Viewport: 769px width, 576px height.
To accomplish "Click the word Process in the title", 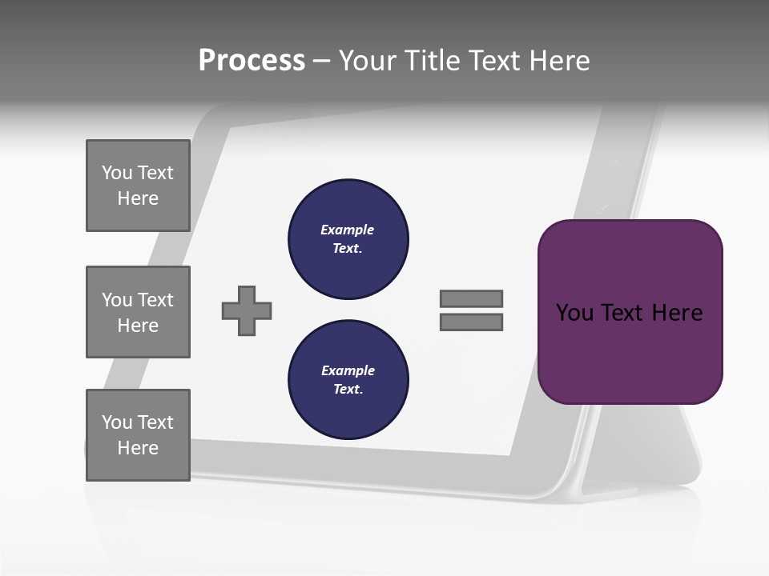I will pyautogui.click(x=252, y=61).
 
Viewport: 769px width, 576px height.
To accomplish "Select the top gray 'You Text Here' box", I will pyautogui.click(x=138, y=186).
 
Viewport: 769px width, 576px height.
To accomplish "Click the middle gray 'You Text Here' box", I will pyautogui.click(x=138, y=312).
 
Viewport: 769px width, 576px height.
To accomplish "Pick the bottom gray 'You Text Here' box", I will pyautogui.click(x=138, y=434).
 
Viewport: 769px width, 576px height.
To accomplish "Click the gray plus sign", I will pyautogui.click(x=247, y=310).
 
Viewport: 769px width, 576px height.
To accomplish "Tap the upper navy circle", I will pyautogui.click(x=348, y=239).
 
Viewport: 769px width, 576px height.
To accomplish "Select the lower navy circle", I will pyautogui.click(x=348, y=379).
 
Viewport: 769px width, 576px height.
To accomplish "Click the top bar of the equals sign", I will pyautogui.click(x=471, y=298).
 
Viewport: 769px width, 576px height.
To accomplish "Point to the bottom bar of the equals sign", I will pyautogui.click(x=471, y=322).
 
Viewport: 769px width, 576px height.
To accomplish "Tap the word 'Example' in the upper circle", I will pyautogui.click(x=347, y=230).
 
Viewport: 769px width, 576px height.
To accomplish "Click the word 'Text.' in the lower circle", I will pyautogui.click(x=348, y=390).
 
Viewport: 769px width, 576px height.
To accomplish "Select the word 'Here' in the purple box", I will pyautogui.click(x=677, y=313).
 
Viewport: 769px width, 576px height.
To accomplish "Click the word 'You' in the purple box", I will pyautogui.click(x=574, y=313).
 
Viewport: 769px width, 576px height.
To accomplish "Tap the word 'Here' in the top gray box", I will pyautogui.click(x=138, y=198).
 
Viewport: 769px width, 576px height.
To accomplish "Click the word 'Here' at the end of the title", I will pyautogui.click(x=561, y=61).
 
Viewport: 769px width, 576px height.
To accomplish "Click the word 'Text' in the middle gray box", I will pyautogui.click(x=155, y=300).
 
